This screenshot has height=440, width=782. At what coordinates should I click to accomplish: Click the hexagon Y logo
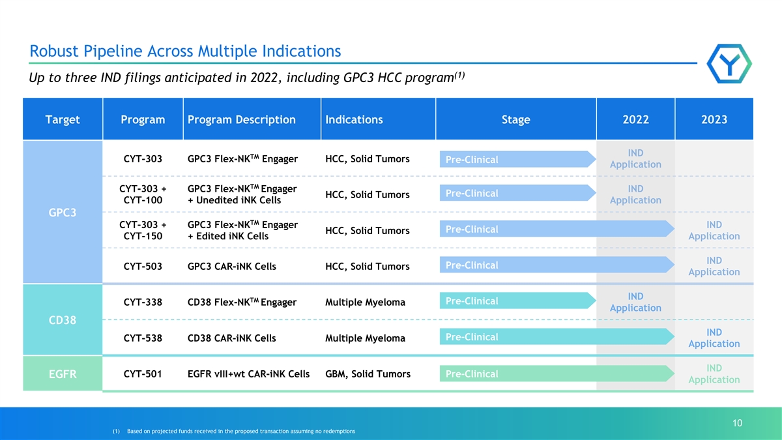[x=729, y=64]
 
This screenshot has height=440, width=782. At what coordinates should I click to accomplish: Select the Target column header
[x=63, y=119]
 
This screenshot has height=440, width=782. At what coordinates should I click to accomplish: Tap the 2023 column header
[x=714, y=119]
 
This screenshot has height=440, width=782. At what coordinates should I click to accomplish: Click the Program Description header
[x=242, y=119]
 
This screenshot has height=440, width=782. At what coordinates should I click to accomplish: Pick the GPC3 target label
[x=62, y=213]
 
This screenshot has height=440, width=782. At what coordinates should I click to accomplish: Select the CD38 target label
[x=62, y=320]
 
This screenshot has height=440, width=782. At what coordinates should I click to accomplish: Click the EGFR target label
[x=62, y=374]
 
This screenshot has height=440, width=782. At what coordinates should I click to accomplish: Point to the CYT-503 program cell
[x=143, y=267]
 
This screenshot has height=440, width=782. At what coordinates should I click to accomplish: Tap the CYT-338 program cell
[x=143, y=302]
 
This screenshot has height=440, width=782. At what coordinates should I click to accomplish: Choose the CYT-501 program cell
[x=143, y=374]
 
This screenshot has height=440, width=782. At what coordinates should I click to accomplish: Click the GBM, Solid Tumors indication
[x=368, y=374]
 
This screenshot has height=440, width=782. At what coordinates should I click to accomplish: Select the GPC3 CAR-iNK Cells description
[x=231, y=267]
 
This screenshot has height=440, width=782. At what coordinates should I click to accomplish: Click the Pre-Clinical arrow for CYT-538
[x=557, y=336]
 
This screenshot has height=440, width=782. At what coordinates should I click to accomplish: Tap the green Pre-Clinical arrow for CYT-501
[x=557, y=374]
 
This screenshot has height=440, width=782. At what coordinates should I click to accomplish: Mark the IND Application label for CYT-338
[x=635, y=302]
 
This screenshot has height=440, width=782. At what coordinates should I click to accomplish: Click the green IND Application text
[x=714, y=374]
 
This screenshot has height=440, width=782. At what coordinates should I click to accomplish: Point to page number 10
[x=737, y=423]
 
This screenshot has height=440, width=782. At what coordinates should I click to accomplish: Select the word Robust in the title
[x=53, y=51]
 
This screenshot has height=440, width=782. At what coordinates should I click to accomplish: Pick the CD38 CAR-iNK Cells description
[x=231, y=338]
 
